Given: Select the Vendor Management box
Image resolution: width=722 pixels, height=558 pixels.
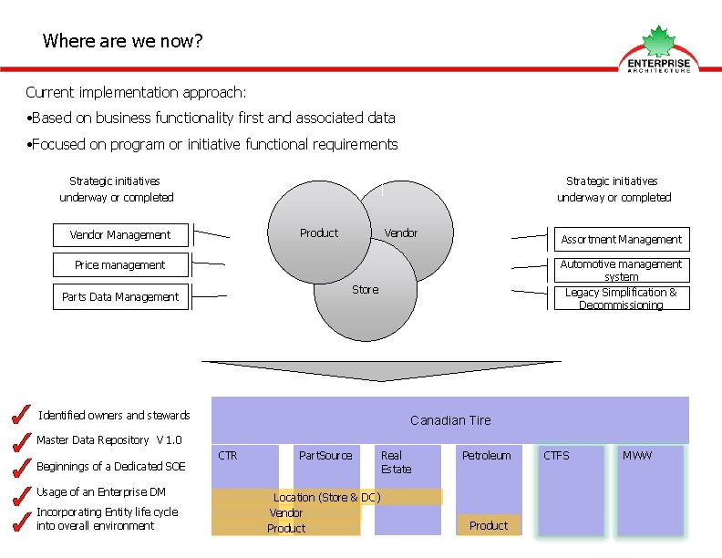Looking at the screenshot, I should coord(120,235).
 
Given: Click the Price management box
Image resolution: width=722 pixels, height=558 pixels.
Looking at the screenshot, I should coord(120,265).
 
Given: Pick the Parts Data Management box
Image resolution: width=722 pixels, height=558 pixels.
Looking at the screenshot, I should coord(120,296).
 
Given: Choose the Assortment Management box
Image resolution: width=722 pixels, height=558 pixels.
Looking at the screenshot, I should coord(621,240).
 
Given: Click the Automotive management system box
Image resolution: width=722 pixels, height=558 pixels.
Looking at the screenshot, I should coord(621,271).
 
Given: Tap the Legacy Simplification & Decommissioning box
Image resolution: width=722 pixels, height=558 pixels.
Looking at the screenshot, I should coord(621,298).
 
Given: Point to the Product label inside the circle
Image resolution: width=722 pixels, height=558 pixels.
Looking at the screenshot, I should coord(319,233).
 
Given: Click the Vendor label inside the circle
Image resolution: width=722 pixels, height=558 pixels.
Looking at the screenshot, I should coord(401,233).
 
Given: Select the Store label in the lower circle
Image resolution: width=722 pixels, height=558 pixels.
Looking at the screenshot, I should coord(365,290).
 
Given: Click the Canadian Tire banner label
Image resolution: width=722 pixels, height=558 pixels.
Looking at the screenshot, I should coord(450,420).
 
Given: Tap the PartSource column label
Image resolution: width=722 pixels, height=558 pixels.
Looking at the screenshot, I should coord(325,455).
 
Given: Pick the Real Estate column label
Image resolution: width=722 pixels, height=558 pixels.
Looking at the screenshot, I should coord(396,462).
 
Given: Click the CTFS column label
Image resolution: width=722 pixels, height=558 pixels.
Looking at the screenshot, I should coord(556,455).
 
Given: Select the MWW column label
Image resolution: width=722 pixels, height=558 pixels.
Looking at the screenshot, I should coord(637,455).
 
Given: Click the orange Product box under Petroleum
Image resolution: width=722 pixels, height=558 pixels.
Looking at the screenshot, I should coord(489,525).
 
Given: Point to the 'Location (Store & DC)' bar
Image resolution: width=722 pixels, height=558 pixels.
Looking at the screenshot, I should coord(327,497).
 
